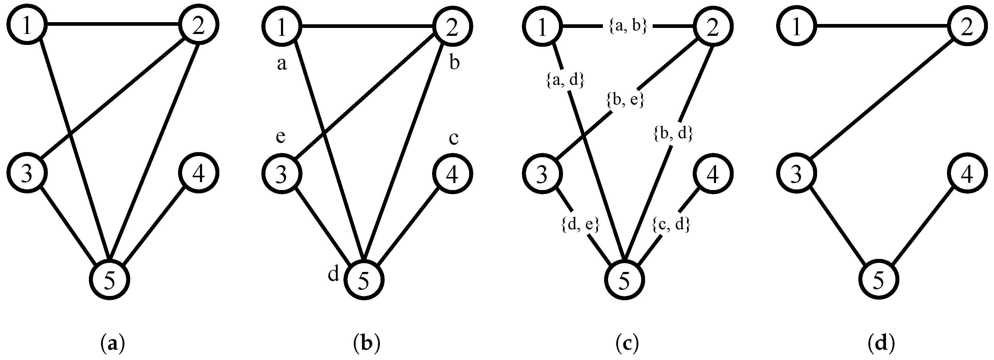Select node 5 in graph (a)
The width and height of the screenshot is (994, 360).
pyautogui.click(x=110, y=280)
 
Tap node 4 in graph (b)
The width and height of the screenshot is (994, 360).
pyautogui.click(x=452, y=174)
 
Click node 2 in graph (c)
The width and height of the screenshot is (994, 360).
pyautogui.click(x=713, y=27)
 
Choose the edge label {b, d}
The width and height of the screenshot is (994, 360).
pyautogui.click(x=673, y=134)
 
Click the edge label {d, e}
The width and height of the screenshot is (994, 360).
pyautogui.click(x=580, y=225)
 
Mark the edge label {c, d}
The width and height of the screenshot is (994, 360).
pyautogui.click(x=671, y=225)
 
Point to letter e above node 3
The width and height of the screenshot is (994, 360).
pyautogui.click(x=281, y=137)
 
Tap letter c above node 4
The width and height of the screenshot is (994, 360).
pyautogui.click(x=454, y=138)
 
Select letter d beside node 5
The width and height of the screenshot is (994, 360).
pyautogui.click(x=333, y=274)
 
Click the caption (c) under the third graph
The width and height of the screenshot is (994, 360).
pyautogui.click(x=625, y=343)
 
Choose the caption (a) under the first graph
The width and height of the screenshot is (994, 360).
pyautogui.click(x=112, y=343)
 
